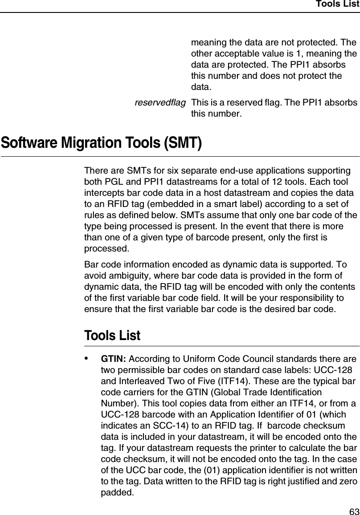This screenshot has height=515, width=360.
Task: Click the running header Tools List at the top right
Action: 337,4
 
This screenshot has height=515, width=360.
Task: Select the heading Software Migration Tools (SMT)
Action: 101,144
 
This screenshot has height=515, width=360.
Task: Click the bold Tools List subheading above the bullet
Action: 112,336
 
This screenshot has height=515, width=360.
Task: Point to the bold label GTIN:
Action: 114,359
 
